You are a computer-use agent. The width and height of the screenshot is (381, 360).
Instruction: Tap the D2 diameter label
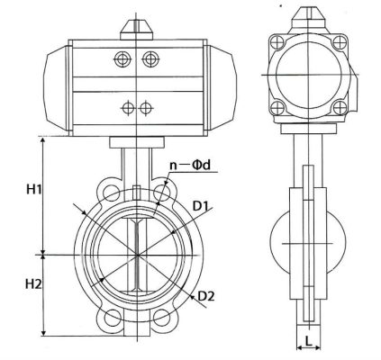206,295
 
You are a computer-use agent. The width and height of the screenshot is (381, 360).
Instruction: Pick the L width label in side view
308,343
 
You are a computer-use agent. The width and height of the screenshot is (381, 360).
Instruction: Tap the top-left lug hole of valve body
111,193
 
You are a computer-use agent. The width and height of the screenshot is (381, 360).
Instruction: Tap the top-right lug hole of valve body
163,193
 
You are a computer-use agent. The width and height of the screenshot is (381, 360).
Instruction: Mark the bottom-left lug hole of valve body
111,317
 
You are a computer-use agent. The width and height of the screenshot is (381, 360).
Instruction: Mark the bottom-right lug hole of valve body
163,317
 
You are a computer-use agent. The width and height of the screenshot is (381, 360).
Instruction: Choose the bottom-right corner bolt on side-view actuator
340,112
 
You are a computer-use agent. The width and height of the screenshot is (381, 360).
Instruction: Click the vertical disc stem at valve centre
137,255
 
